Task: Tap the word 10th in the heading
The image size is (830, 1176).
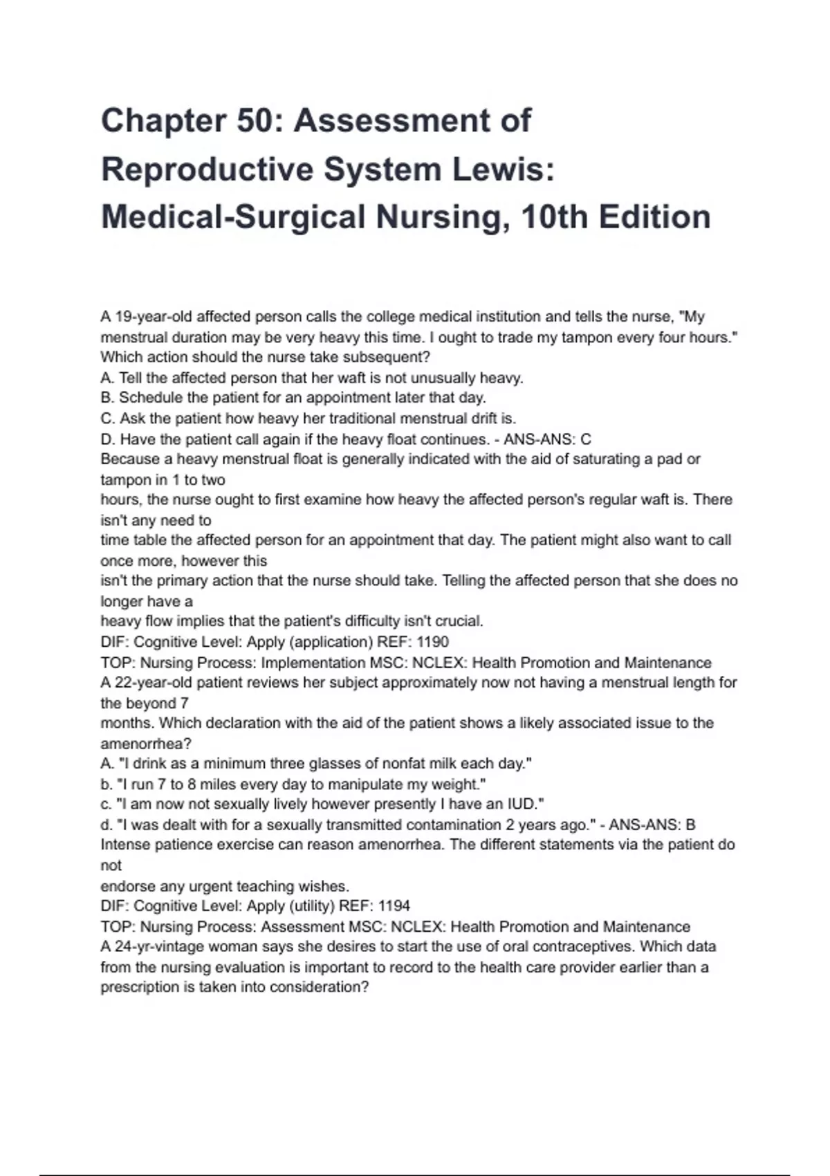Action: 555,217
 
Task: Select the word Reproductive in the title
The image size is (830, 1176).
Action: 207,169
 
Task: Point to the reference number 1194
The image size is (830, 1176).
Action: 394,906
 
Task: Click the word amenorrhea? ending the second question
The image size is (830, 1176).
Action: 146,744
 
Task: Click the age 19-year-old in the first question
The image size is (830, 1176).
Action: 153,317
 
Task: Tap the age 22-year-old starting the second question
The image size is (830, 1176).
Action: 153,683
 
